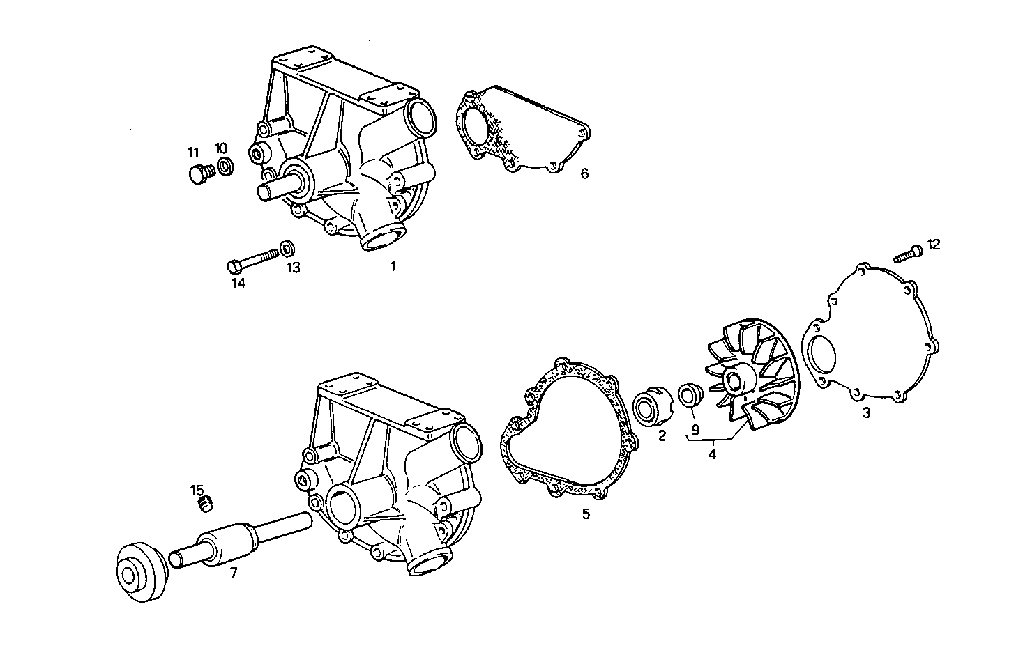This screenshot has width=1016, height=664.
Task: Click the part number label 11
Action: [192, 153]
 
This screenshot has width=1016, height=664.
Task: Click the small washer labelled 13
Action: [287, 247]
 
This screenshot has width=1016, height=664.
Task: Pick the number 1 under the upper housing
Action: [393, 266]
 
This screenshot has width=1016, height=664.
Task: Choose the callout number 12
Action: [933, 245]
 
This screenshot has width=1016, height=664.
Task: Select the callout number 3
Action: [866, 412]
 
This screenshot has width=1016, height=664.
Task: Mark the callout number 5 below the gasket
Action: [586, 514]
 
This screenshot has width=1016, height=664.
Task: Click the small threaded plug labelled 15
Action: [205, 504]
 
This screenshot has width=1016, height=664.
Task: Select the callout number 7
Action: [234, 573]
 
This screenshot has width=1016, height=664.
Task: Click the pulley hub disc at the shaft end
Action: [139, 572]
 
